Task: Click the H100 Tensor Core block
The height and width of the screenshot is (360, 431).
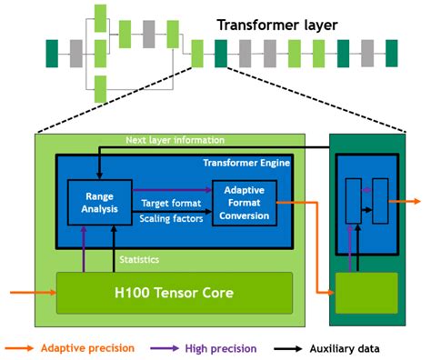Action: [x=175, y=293]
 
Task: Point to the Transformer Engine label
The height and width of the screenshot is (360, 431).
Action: [x=247, y=163]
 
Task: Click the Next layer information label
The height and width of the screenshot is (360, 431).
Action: [x=176, y=140]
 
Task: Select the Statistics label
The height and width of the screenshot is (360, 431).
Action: [x=140, y=260]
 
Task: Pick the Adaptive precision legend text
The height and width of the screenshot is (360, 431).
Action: [x=88, y=348]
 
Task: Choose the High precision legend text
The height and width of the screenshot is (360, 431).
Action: [x=221, y=348]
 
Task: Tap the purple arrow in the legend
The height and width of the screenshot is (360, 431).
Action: [x=163, y=348]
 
